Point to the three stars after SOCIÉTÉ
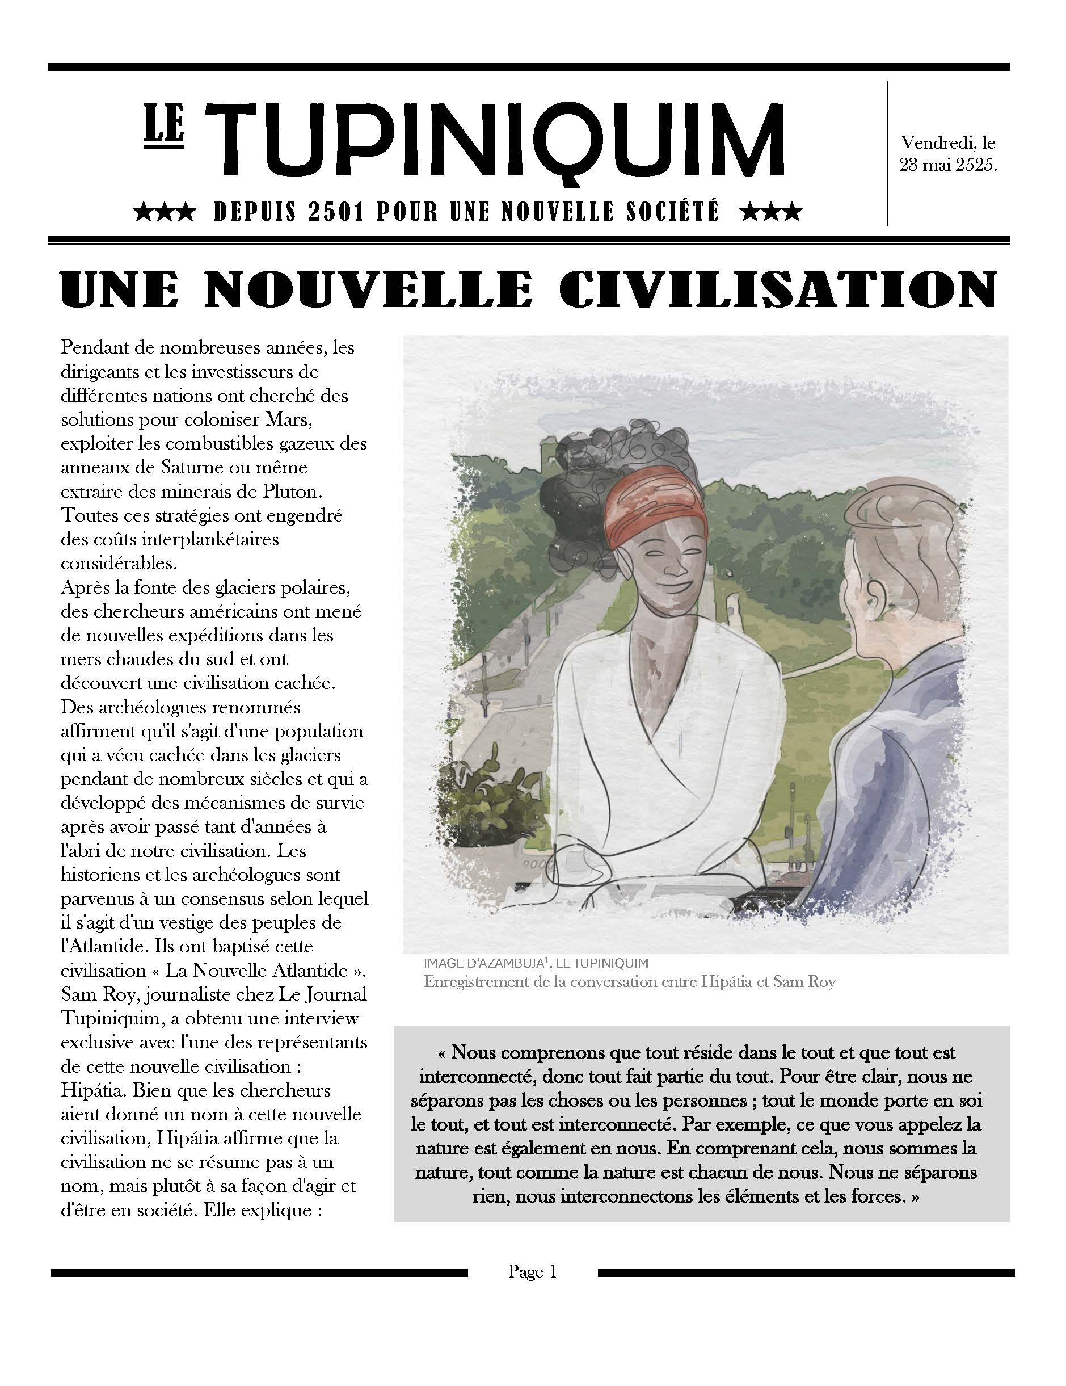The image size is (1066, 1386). point(771,212)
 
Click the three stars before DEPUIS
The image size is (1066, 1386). point(165,212)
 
